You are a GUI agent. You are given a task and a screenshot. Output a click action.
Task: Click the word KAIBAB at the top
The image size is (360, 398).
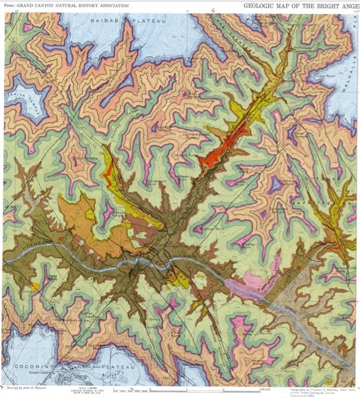pyautogui.click(x=104, y=20)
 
